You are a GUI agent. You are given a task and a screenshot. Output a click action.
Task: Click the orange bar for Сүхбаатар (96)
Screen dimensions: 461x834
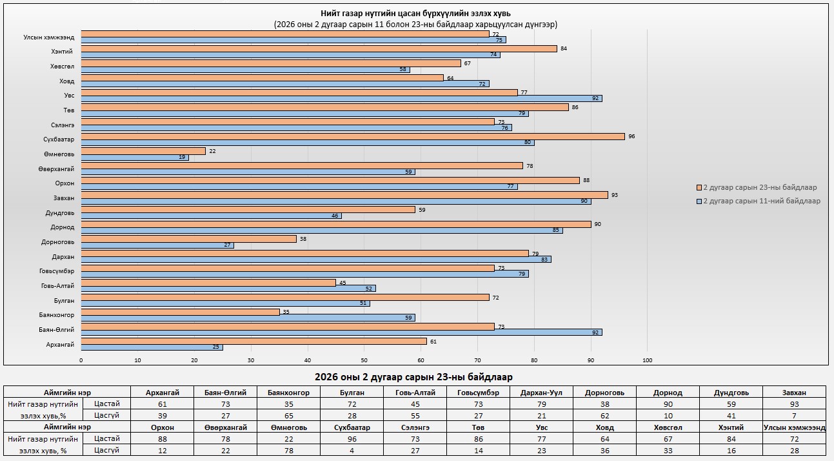353,136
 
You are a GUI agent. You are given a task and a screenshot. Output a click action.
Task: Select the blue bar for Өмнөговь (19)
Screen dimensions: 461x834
135,158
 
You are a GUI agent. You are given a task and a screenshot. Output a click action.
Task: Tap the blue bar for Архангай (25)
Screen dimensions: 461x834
152,347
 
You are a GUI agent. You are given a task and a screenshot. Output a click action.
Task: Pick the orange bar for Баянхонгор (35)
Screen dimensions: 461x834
180,312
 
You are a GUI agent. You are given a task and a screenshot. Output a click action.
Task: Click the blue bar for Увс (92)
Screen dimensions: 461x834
341,99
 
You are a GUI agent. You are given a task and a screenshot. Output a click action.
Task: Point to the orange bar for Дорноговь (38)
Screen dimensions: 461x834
188,239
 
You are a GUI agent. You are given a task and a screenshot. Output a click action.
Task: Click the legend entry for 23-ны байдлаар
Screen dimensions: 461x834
759,187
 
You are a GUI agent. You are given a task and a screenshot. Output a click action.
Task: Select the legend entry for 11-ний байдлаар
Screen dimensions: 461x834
761,201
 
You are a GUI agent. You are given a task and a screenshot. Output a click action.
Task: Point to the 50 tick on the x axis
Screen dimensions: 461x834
364,360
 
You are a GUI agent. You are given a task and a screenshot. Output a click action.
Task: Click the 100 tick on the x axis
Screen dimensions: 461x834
648,360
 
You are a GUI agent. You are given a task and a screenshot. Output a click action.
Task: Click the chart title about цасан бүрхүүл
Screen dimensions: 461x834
416,14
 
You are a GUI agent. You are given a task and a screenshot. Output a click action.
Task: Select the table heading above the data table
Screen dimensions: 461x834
413,376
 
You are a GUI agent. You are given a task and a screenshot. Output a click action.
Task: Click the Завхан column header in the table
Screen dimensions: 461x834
793,392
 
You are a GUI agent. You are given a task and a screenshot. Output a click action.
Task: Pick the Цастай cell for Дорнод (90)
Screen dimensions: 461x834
668,404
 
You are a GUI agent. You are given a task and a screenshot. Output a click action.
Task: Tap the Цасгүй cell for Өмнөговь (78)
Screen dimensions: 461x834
288,450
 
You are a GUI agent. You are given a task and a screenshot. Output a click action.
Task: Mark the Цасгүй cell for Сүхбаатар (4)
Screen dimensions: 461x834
352,450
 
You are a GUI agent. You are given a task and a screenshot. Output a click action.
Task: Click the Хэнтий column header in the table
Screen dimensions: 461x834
731,427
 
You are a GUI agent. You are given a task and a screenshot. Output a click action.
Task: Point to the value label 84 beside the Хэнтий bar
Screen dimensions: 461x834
564,48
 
